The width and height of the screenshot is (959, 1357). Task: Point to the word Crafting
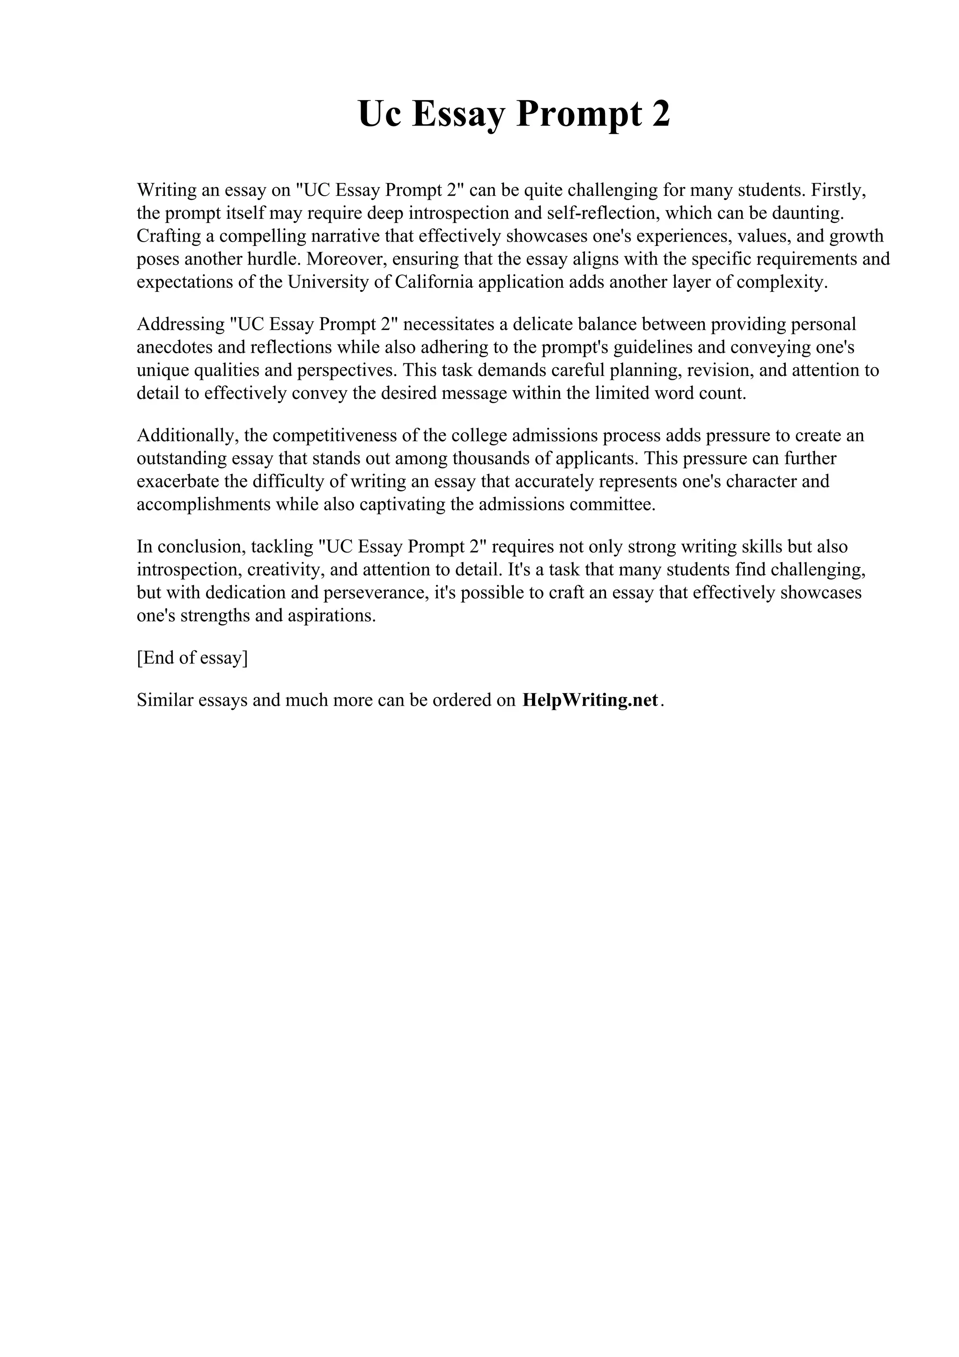pyautogui.click(x=168, y=236)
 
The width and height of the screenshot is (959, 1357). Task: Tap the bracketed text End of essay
pyautogui.click(x=192, y=657)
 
